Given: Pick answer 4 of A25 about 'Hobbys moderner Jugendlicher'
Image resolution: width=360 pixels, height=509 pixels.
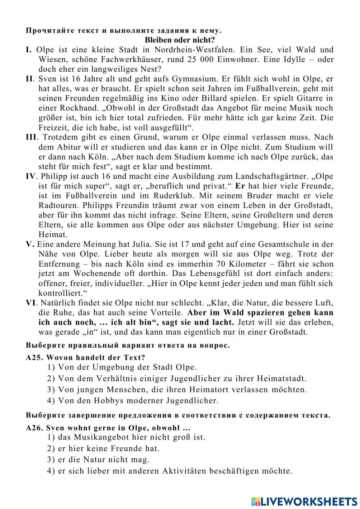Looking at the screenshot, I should (x=138, y=401).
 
